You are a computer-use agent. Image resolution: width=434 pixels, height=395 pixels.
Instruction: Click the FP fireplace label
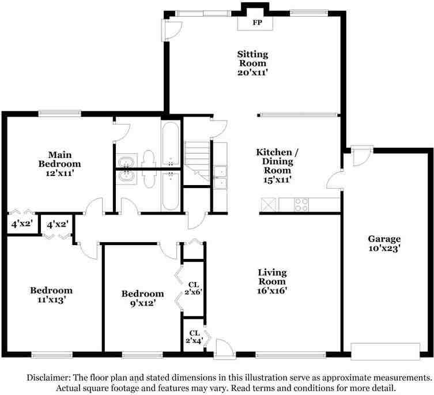[x=256, y=24]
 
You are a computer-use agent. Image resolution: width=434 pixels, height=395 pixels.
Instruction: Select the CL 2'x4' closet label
[x=193, y=337]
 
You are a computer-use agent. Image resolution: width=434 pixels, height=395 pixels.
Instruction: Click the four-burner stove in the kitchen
[x=301, y=204]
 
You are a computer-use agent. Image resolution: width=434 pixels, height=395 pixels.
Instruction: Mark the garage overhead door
[x=385, y=351]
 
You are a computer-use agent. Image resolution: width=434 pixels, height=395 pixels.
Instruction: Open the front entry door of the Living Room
[x=223, y=348]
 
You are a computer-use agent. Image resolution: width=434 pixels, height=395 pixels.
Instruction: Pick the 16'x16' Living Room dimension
[x=272, y=291]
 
